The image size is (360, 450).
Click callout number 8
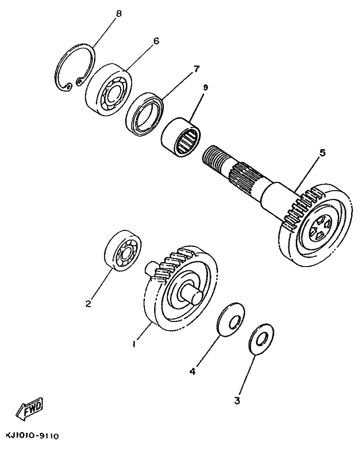pyautogui.click(x=118, y=13)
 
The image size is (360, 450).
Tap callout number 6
pyautogui.click(x=155, y=41)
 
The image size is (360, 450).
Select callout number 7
pyautogui.click(x=196, y=69)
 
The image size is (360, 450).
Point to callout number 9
pyautogui.click(x=205, y=88)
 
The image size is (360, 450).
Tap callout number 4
pyautogui.click(x=192, y=372)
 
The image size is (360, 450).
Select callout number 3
pyautogui.click(x=237, y=401)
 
